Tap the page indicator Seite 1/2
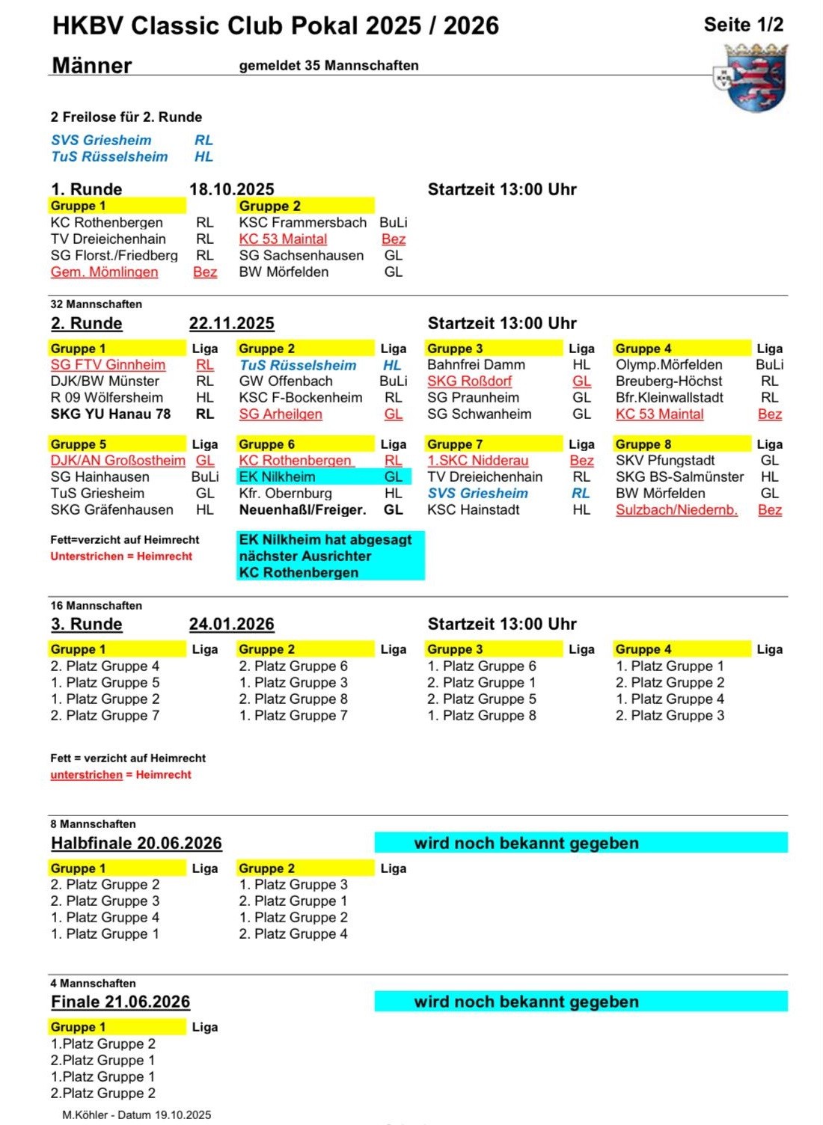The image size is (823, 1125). click(743, 25)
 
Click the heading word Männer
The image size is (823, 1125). click(92, 66)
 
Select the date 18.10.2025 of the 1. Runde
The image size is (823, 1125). click(232, 189)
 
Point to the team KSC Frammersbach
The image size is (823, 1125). click(302, 223)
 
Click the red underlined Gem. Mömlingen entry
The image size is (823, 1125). click(104, 272)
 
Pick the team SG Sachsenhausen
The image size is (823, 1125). click(301, 256)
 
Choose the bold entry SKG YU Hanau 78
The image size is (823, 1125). click(111, 414)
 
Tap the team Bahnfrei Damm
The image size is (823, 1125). click(476, 365)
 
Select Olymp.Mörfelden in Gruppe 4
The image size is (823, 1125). click(669, 365)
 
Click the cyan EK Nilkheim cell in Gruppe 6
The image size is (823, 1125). click(278, 477)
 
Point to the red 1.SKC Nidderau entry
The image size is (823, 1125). click(477, 461)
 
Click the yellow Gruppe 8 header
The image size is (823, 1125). click(682, 444)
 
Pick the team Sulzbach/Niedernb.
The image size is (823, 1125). click(676, 510)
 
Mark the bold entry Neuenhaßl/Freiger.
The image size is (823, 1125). click(302, 510)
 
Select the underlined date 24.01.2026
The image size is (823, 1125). click(232, 625)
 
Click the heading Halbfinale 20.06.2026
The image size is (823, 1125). click(136, 843)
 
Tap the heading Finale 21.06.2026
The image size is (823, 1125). click(120, 1002)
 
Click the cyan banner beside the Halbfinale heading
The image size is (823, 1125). click(581, 843)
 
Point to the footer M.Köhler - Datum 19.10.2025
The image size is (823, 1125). click(136, 1115)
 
